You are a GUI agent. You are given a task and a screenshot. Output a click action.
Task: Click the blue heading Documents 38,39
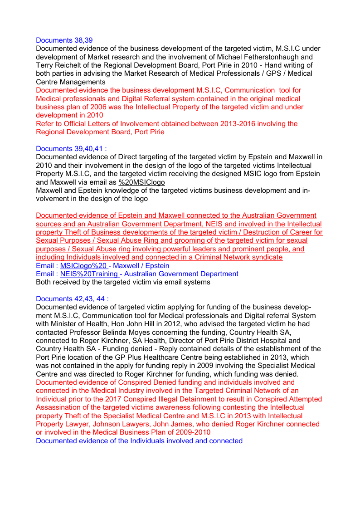64,40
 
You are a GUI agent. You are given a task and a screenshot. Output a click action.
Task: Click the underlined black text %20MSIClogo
142,182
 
